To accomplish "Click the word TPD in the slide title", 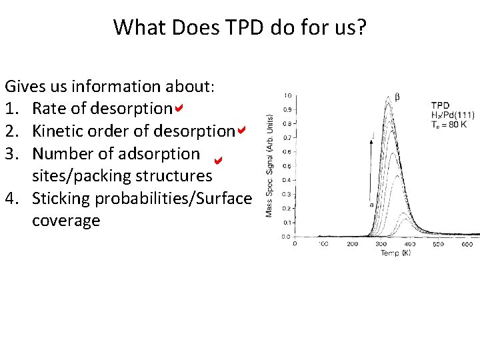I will click(221, 27).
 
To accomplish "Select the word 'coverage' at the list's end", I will click(66, 221).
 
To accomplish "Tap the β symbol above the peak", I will click(397, 97).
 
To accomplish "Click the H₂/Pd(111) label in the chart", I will click(453, 115).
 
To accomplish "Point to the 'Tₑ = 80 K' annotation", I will click(447, 124).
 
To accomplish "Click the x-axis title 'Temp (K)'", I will click(396, 254).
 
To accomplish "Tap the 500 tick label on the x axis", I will click(439, 245).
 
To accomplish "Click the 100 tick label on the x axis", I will click(323, 245).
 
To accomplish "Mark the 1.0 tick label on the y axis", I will click(287, 95).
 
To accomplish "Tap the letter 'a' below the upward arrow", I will click(371, 205).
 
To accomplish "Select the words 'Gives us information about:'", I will click(109, 86).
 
